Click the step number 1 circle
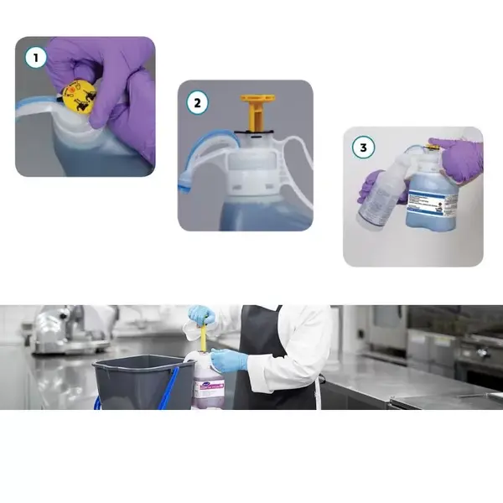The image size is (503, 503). pyautogui.click(x=34, y=58)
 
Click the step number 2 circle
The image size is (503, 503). pyautogui.click(x=197, y=104)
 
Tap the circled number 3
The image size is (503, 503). pyautogui.click(x=362, y=148)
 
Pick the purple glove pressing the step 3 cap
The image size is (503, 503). pyautogui.click(x=459, y=157)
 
